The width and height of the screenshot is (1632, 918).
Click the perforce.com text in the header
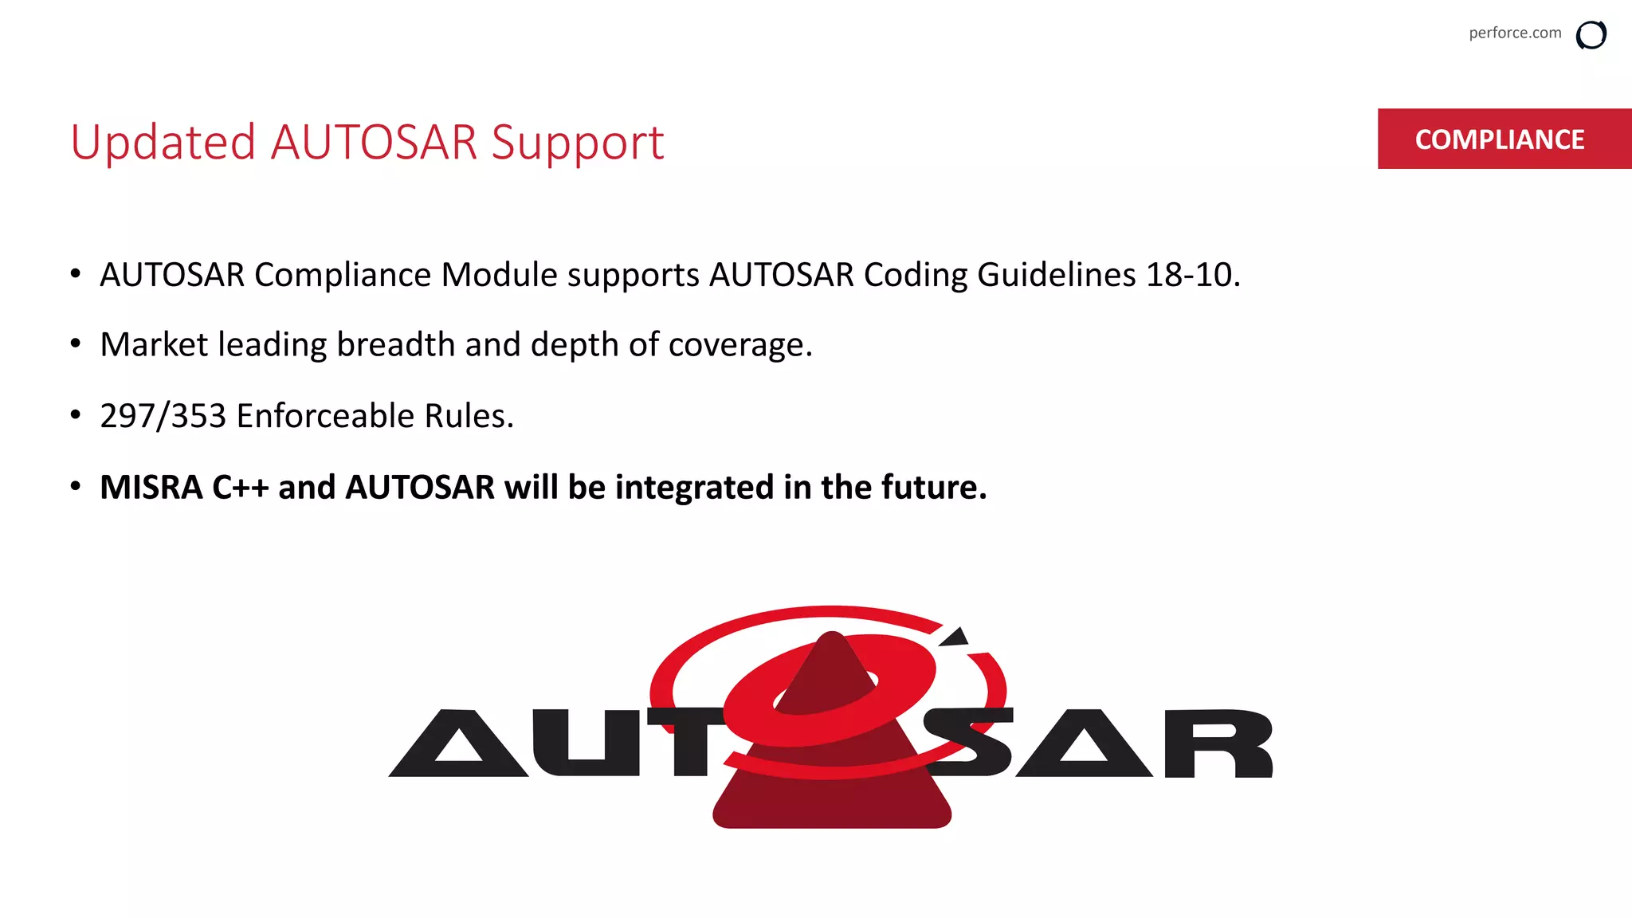[x=1515, y=33]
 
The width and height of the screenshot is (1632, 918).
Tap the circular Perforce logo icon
[x=1591, y=35]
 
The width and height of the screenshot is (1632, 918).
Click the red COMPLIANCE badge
[x=1500, y=139]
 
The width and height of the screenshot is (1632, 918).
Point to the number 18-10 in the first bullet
[x=1192, y=275]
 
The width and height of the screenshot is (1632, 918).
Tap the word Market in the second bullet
[x=154, y=344]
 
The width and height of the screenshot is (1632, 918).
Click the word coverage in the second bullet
[x=739, y=346]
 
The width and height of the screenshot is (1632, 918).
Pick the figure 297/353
[x=163, y=416]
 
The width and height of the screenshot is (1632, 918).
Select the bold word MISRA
[x=151, y=487]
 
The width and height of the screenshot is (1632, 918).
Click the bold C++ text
[x=240, y=487]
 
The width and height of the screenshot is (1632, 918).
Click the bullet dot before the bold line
[x=76, y=486]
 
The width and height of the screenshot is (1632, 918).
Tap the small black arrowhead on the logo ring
[x=955, y=637]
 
